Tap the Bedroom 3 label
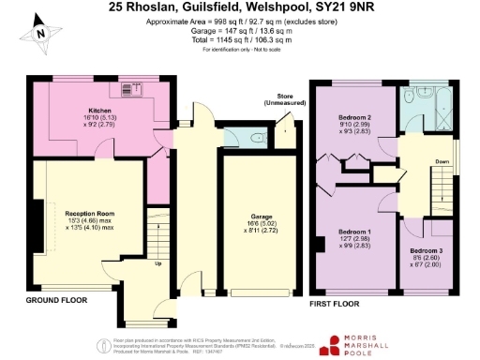[429, 251]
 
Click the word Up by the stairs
[157, 263]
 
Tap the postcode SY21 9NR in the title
[330, 7]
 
